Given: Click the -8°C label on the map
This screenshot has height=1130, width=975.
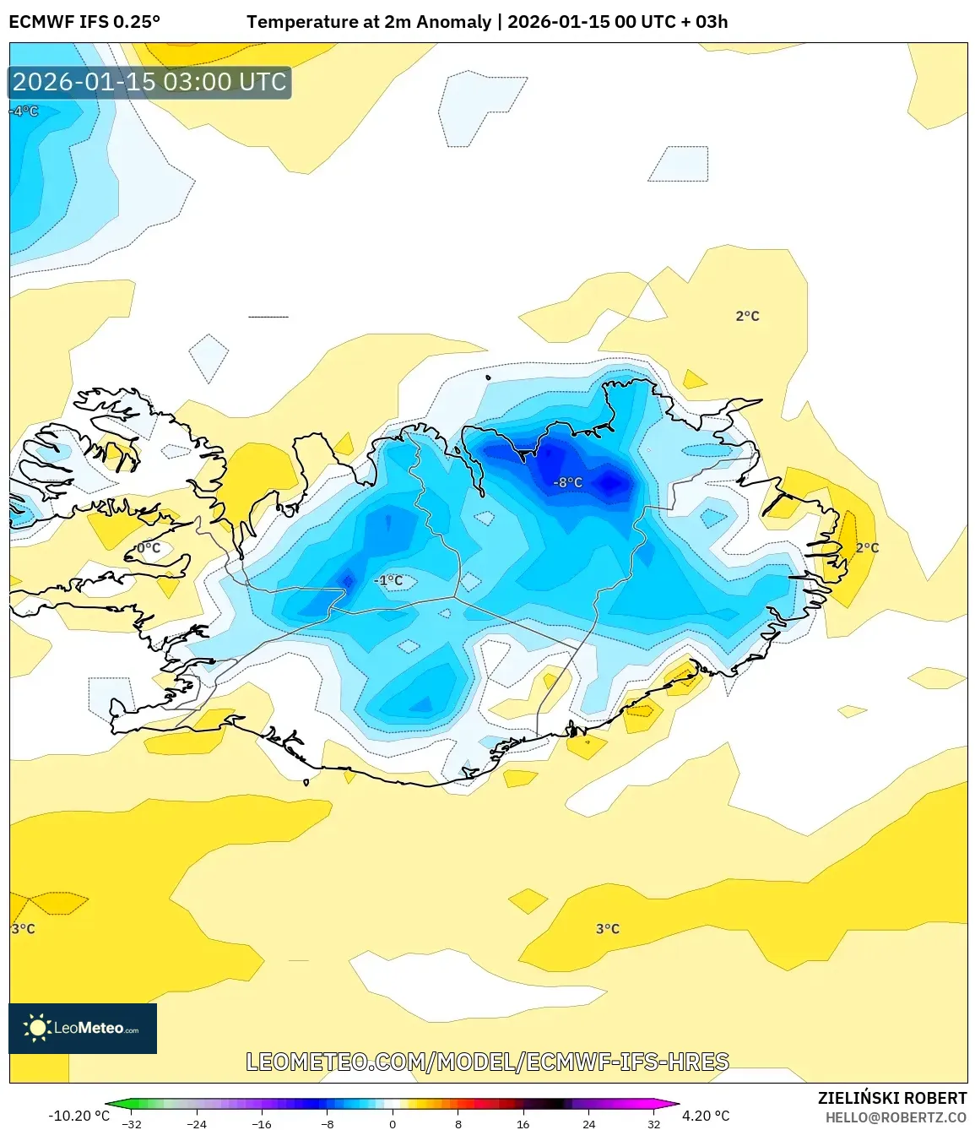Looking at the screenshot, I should pos(568,482).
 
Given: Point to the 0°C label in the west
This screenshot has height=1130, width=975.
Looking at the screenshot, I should pos(149,548).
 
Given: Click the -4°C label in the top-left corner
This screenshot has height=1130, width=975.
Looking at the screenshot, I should pos(24,111).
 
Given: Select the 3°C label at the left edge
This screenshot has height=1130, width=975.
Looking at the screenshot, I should pos(24,928).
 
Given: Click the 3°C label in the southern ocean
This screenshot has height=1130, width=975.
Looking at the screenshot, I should pos(607,928).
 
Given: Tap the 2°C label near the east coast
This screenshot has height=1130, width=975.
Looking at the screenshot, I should pos(867,547).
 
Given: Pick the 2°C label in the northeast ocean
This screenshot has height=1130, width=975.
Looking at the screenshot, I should pos(747,316).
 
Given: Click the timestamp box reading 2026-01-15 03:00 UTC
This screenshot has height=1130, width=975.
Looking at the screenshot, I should pos(150,82).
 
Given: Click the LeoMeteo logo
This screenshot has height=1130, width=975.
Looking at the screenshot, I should pos(83,1028).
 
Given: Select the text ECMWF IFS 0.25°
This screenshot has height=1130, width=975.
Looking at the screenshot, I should pos(84,22).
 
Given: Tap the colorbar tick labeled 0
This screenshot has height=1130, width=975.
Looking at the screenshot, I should pos(393,1123).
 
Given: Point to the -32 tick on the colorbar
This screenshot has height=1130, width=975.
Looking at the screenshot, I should pos(132,1123).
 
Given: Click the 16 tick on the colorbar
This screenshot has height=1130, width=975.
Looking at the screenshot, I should pos(523,1123).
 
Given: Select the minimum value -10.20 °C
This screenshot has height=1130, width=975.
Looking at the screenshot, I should pos(79,1116).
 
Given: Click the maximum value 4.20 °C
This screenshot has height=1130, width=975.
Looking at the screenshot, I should pos(706,1116).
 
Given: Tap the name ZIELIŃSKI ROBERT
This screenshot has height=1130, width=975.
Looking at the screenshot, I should pos(892,1098).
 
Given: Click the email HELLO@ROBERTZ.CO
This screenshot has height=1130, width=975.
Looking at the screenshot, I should pos(896,1117).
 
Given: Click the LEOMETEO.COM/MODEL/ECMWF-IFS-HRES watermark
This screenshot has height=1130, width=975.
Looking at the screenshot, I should pos(487,1062).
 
